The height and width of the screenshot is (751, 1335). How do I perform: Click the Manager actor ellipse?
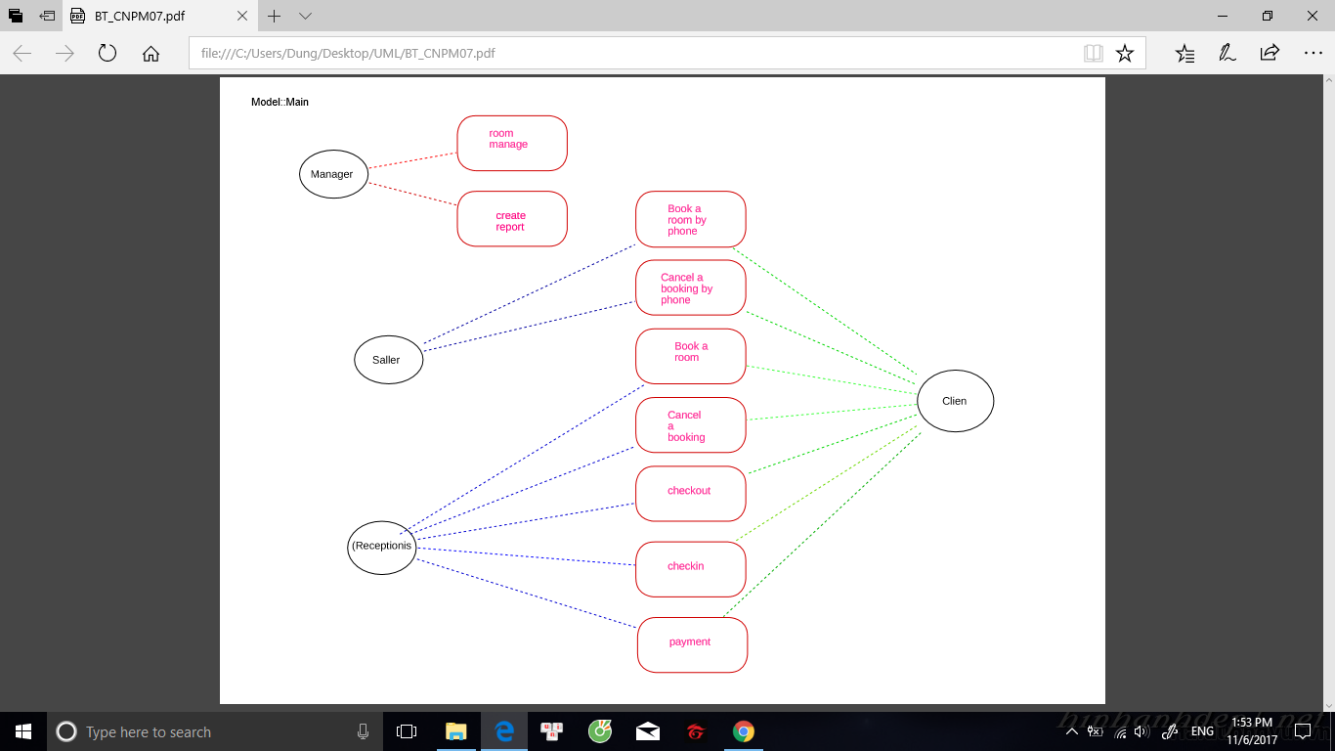(x=333, y=174)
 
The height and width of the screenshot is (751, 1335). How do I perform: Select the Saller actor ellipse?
(x=389, y=360)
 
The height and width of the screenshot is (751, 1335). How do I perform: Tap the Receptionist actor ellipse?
(x=382, y=547)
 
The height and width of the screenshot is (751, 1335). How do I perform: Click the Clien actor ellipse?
(x=955, y=401)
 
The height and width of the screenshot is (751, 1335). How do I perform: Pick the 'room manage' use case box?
(x=512, y=144)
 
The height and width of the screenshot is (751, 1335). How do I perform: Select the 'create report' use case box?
(x=512, y=219)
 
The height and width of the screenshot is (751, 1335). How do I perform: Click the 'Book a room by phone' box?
(x=690, y=219)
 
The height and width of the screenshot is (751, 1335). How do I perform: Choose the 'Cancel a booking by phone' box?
(x=690, y=287)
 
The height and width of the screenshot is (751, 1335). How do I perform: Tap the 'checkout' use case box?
(x=690, y=494)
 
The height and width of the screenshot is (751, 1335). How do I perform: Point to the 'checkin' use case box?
(x=690, y=569)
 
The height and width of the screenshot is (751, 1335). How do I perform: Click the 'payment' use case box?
(x=692, y=644)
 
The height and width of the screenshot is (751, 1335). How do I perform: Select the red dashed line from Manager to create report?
(x=412, y=194)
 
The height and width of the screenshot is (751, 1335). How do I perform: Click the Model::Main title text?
(x=280, y=102)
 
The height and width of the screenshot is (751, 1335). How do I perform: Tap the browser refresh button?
(x=108, y=53)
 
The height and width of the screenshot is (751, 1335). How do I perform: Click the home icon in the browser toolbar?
(x=151, y=53)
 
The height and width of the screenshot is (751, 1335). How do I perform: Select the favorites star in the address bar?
(x=1125, y=53)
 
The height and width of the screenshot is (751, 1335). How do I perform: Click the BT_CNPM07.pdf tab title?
(x=140, y=16)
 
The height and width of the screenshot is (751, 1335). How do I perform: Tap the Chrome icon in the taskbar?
(x=743, y=731)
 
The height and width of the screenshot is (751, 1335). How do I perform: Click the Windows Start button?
(x=23, y=731)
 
